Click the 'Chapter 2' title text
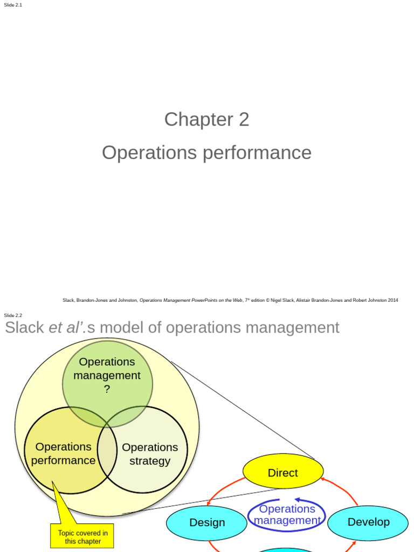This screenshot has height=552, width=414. coord(206,119)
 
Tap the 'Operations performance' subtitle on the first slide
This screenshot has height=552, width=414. coord(206,153)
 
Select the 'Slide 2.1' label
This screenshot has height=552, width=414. coord(13,5)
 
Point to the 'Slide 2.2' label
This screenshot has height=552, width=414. coord(13,315)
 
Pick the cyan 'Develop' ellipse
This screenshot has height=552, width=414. coord(368,522)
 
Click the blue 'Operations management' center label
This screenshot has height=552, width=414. coord(287,515)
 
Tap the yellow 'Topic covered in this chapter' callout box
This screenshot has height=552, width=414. coord(82,537)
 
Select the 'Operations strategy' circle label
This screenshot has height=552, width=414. coord(150,454)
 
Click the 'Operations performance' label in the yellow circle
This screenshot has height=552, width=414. coord(63,453)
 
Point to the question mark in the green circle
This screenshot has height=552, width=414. coord(107,389)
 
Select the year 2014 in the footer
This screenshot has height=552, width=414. coord(393,300)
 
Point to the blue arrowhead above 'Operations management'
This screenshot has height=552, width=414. coord(297,500)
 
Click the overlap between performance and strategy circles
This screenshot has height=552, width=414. coord(107,450)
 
